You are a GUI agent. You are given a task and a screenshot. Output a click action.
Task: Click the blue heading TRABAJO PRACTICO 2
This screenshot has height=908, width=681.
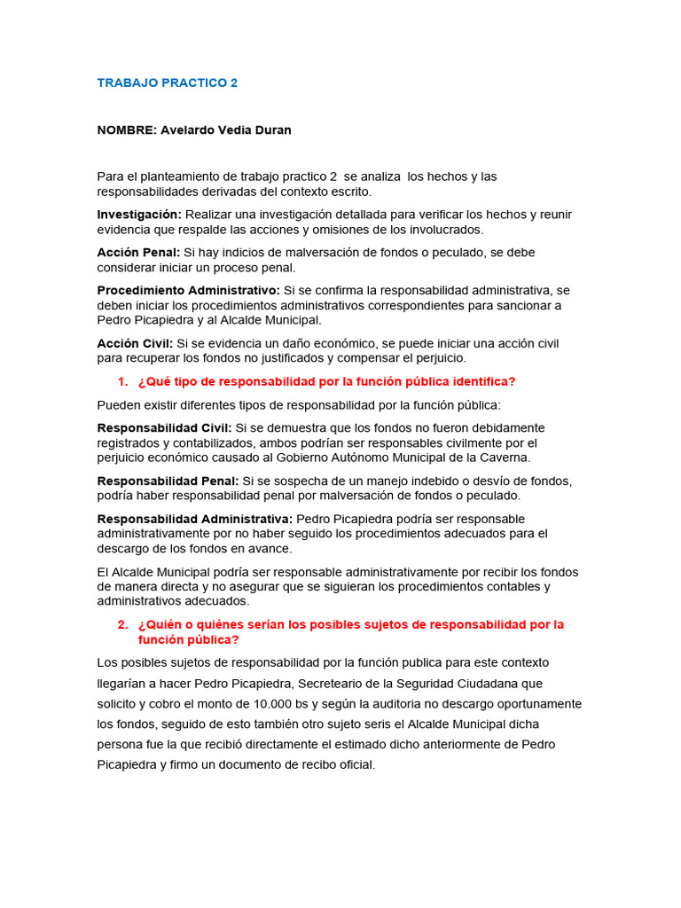pos(168,82)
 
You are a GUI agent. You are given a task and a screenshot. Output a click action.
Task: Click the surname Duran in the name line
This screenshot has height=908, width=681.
pos(272,130)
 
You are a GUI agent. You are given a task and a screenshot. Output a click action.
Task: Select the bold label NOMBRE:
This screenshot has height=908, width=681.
pos(127,130)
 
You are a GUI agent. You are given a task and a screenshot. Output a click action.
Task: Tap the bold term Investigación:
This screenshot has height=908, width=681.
pos(139,214)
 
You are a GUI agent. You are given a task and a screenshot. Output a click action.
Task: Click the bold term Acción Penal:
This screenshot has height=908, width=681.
pos(138,252)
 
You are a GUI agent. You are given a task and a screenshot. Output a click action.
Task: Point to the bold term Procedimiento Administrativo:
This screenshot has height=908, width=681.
pos(188,290)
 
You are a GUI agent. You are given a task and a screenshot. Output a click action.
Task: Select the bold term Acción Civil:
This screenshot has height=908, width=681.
pos(136,342)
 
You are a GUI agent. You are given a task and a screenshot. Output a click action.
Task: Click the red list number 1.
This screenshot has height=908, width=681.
pos(122,381)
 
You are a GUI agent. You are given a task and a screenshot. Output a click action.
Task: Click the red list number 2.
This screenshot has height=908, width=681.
pos(122,624)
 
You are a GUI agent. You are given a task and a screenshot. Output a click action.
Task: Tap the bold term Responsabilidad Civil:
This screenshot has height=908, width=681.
pos(164,427)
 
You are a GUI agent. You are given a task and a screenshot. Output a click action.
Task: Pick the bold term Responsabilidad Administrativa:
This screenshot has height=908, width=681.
pos(194,518)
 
